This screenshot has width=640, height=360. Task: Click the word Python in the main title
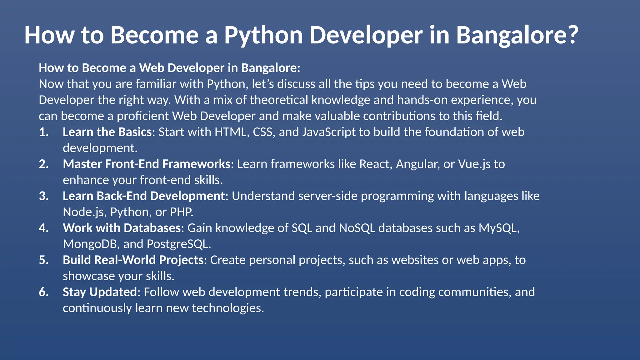263,35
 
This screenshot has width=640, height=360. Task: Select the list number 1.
44,132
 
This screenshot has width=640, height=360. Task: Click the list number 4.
44,228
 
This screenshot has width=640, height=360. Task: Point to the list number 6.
44,292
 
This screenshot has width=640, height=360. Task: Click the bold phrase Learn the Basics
107,132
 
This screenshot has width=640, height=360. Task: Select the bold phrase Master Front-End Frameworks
147,164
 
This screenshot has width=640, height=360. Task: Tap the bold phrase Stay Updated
100,292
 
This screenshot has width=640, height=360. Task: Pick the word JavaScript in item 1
329,132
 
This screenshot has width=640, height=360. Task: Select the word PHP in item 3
181,212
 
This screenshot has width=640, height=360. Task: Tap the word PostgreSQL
178,244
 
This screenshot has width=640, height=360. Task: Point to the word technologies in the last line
228,308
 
